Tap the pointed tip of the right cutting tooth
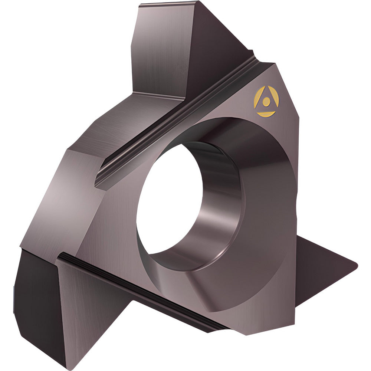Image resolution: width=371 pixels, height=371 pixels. [356, 264]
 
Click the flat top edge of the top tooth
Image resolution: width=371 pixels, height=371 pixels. [167, 7]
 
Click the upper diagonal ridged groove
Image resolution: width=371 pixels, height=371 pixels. [178, 122]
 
